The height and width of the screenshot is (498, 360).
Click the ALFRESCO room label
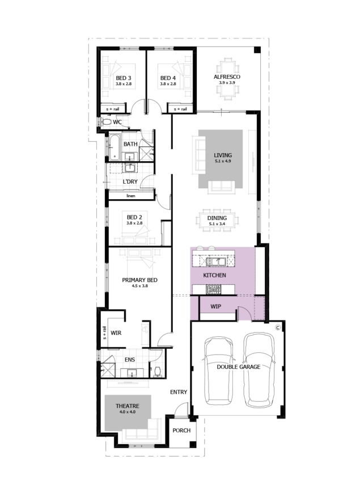click(x=227, y=77)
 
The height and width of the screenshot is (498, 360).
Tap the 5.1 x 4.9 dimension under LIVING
click(x=223, y=161)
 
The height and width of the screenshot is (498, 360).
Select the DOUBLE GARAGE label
click(x=239, y=367)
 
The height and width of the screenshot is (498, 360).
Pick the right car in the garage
click(x=259, y=370)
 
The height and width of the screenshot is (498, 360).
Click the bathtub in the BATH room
click(x=114, y=147)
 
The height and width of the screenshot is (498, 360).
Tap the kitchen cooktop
click(x=214, y=289)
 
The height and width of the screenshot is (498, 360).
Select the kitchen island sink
click(x=216, y=261)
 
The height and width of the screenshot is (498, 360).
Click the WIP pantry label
click(x=216, y=307)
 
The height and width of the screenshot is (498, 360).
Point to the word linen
click(x=131, y=196)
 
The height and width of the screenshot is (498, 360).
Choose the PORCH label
click(x=181, y=431)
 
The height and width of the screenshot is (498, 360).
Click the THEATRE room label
click(x=128, y=406)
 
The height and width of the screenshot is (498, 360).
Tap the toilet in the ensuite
click(x=158, y=372)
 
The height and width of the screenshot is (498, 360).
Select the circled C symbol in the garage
click(x=278, y=327)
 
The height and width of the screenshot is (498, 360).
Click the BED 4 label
click(x=168, y=78)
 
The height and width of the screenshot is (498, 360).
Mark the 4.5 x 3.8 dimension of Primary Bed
click(x=139, y=286)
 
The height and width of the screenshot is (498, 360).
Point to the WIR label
click(x=116, y=333)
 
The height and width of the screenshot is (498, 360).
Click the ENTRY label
click(x=179, y=393)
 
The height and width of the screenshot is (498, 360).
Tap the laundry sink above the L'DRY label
click(x=130, y=168)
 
